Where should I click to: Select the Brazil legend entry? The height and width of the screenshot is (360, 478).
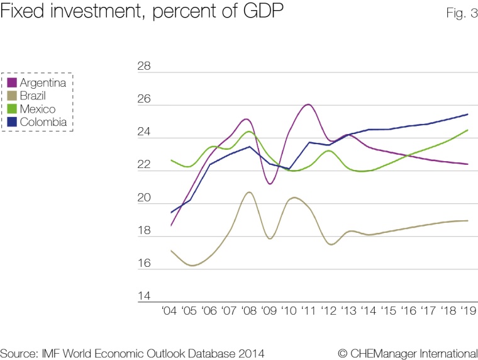(x=32, y=96)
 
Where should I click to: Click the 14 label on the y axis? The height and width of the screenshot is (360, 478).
(x=144, y=296)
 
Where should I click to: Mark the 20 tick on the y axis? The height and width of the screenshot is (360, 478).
(x=144, y=198)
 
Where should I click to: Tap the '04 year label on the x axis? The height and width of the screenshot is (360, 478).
(x=170, y=310)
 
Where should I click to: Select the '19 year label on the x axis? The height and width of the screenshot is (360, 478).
(x=467, y=310)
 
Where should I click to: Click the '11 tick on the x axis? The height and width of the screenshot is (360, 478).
(x=308, y=310)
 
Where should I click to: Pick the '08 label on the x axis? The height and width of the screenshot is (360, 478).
(x=248, y=310)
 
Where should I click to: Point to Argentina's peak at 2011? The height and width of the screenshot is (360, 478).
(x=308, y=104)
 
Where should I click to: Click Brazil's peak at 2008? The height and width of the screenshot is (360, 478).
(x=249, y=192)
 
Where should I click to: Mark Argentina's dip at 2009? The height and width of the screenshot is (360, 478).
(x=269, y=184)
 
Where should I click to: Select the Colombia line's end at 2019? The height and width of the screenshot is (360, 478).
(x=467, y=114)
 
